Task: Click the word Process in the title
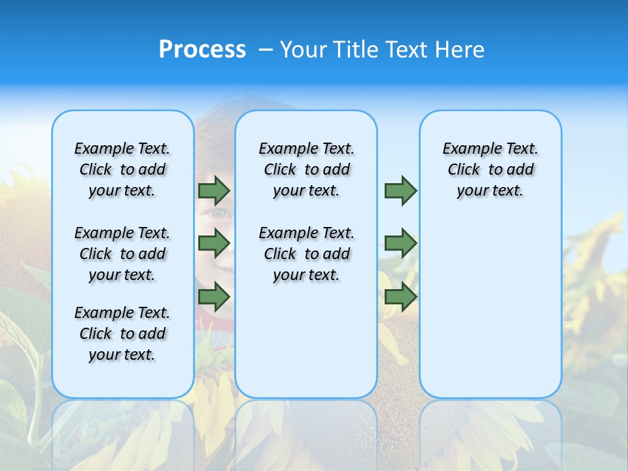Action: tap(202, 50)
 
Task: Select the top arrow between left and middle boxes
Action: tap(214, 190)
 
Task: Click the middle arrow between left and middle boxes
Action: tap(214, 243)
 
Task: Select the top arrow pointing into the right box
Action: tap(400, 190)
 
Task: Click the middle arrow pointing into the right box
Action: tap(400, 243)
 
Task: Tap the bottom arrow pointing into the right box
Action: tap(400, 297)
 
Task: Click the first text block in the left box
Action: tap(122, 169)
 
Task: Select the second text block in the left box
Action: tap(122, 254)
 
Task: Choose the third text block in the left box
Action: tap(122, 334)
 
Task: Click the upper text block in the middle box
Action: tap(306, 169)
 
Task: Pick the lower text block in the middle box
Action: tap(306, 254)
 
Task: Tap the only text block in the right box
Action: tap(490, 169)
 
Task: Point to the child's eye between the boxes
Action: tap(219, 213)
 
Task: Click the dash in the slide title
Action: tap(266, 50)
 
